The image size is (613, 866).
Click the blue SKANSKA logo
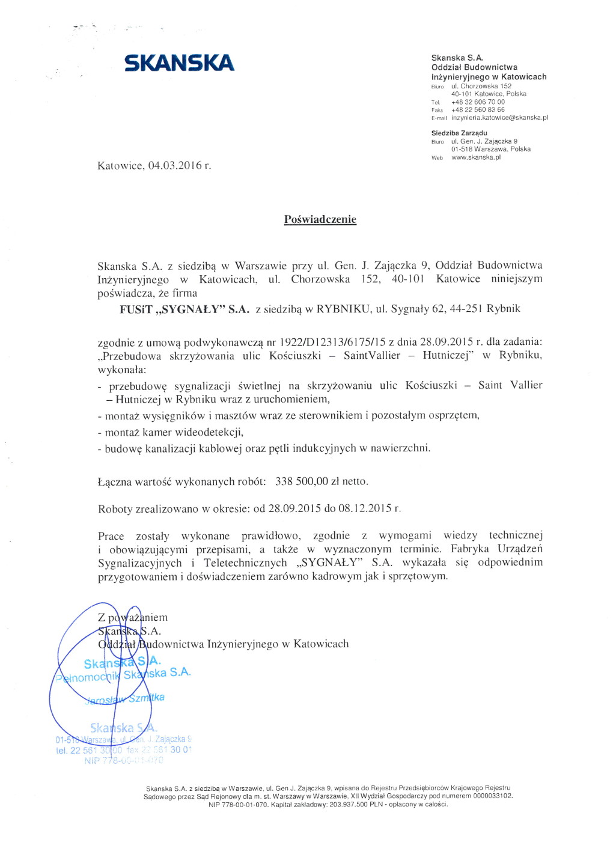[x=179, y=63]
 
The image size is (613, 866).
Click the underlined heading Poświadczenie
[x=320, y=219]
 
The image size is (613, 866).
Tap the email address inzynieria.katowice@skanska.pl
[x=499, y=118]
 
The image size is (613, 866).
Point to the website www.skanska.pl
[x=476, y=157]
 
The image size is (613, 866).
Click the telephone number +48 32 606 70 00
[x=478, y=102]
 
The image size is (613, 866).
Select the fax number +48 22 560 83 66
[x=478, y=110]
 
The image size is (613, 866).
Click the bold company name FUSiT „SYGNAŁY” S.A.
[x=184, y=309]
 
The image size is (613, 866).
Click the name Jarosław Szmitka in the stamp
[x=126, y=699]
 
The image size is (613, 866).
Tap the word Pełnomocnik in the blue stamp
[x=88, y=677]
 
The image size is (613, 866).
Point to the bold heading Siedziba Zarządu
[x=459, y=133]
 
